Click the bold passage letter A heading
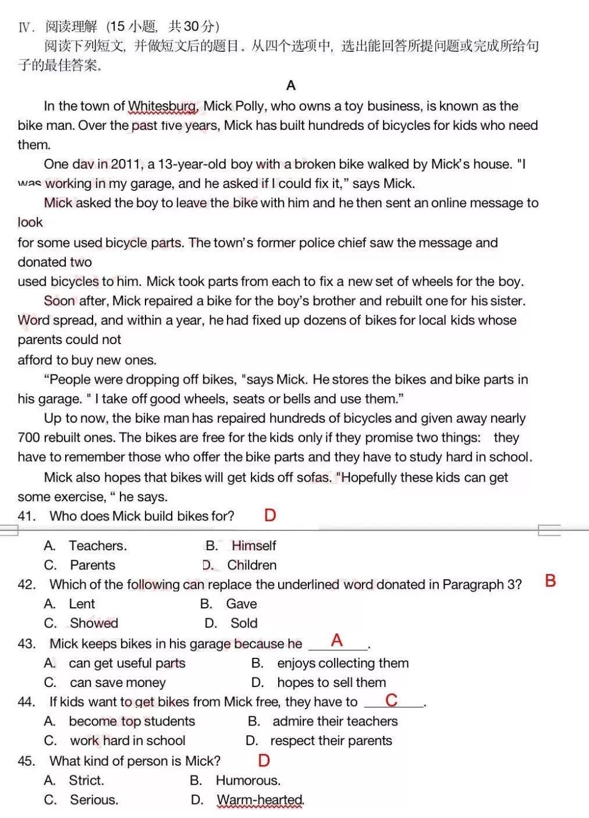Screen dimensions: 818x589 (x=291, y=86)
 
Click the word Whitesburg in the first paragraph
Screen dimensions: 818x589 (x=162, y=106)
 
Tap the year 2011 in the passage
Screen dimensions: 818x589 (x=126, y=164)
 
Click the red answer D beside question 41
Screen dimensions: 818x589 (x=269, y=515)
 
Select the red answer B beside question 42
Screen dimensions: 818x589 (x=550, y=580)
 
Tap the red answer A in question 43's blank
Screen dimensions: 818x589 (x=337, y=640)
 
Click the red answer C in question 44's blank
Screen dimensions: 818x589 (x=392, y=700)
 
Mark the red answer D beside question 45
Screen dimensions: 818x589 (x=264, y=760)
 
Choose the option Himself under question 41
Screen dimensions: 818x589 (x=254, y=546)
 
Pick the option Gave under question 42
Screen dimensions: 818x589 (x=241, y=604)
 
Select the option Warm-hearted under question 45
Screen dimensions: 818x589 (x=260, y=800)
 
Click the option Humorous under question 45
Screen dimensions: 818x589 (x=248, y=780)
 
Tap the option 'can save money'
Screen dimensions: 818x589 (x=118, y=682)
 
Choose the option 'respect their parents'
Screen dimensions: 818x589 (x=331, y=741)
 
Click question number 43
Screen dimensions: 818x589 (x=27, y=644)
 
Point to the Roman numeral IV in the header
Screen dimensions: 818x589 (x=24, y=27)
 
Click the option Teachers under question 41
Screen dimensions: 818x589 (x=97, y=546)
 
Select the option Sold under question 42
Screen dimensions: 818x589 (x=244, y=623)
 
